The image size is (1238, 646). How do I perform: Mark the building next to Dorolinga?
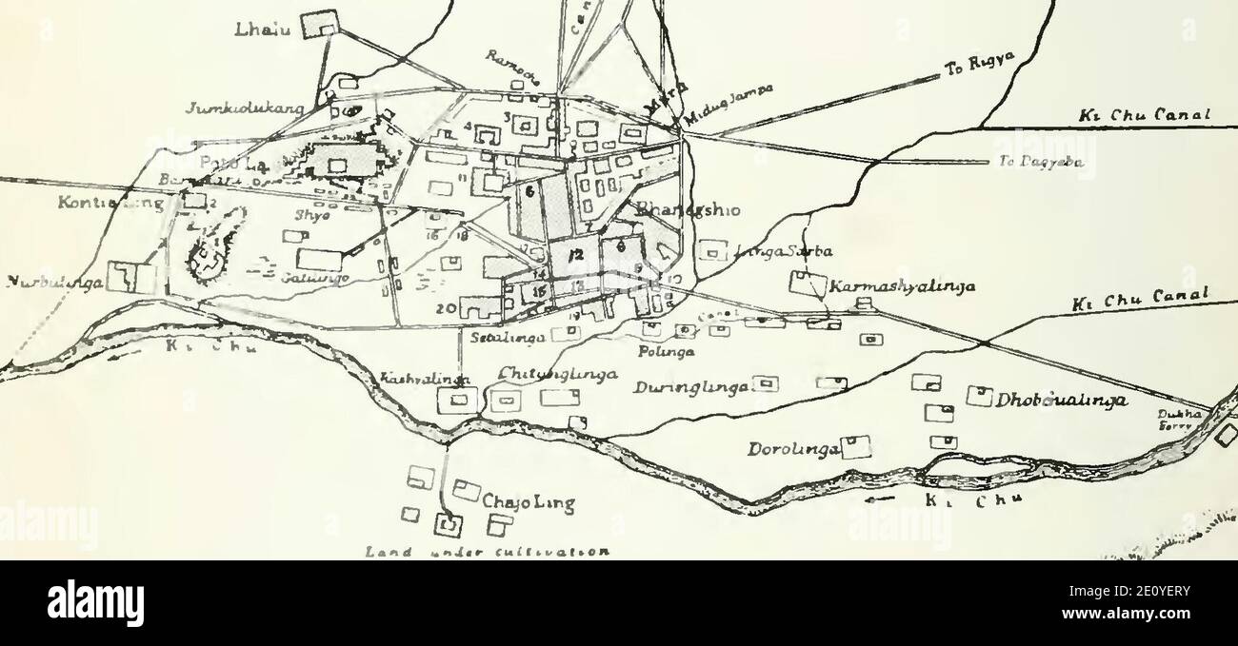(x=856, y=446)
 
